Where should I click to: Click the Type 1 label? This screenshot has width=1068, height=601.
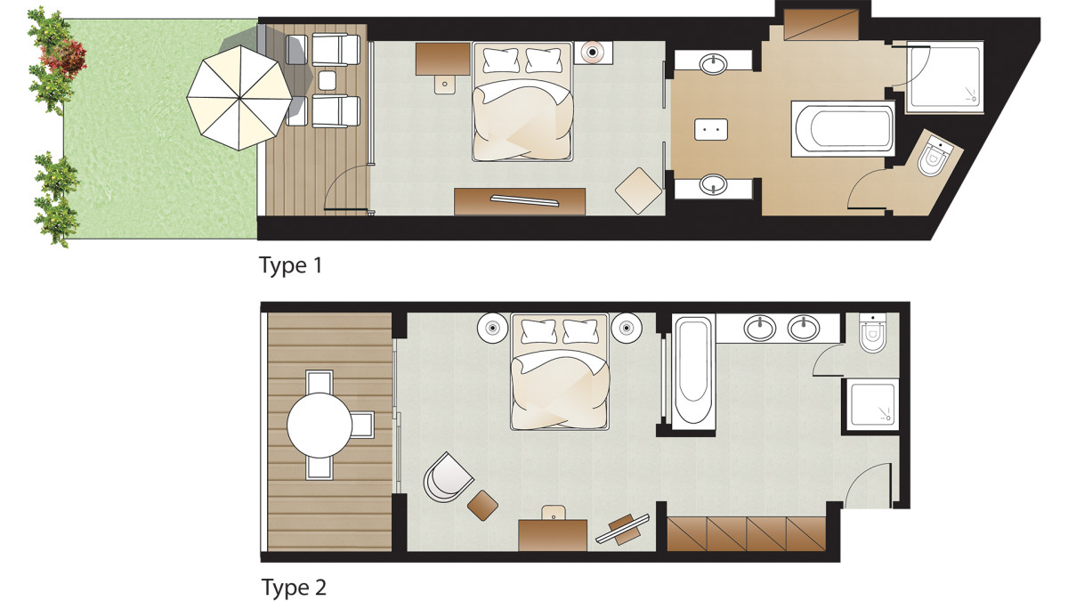(x=291, y=265)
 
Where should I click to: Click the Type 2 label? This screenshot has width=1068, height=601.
(x=294, y=587)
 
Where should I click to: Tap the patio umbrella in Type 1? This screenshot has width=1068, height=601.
(x=239, y=98)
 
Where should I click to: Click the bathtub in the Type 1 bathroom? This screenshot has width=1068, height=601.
(x=843, y=129)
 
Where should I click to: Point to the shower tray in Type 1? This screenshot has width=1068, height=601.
(x=945, y=77)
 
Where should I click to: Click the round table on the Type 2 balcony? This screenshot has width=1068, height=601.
(x=320, y=425)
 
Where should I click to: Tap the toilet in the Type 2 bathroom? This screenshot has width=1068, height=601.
(x=872, y=332)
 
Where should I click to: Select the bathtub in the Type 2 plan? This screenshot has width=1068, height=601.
(x=693, y=370)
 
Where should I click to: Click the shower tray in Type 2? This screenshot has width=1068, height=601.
(x=872, y=404)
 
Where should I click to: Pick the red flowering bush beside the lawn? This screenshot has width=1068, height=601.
(x=63, y=57)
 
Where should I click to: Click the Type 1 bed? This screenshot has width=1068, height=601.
(x=522, y=102)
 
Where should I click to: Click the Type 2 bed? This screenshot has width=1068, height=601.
(x=560, y=371)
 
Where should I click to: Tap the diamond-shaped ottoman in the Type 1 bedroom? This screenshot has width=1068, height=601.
(x=638, y=191)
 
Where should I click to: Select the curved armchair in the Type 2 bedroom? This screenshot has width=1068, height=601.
(x=447, y=477)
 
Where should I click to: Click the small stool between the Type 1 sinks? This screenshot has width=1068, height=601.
(x=711, y=129)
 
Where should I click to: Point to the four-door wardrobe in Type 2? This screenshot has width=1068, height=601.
(x=746, y=533)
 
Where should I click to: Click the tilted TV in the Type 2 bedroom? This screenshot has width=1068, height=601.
(x=623, y=529)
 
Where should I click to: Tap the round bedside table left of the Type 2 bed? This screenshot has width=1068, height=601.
(x=493, y=328)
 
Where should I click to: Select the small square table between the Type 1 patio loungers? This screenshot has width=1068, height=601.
(x=328, y=80)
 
